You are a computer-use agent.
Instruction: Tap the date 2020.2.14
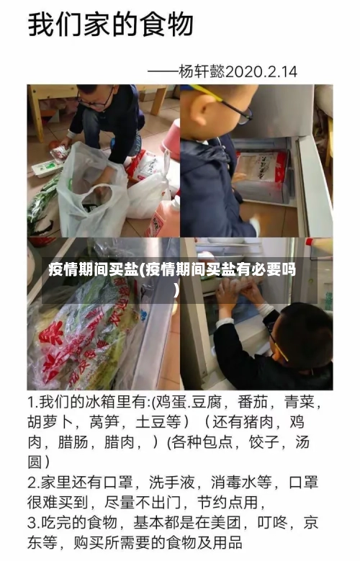pos(261,72)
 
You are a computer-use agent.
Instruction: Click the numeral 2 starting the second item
pos(32,482)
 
